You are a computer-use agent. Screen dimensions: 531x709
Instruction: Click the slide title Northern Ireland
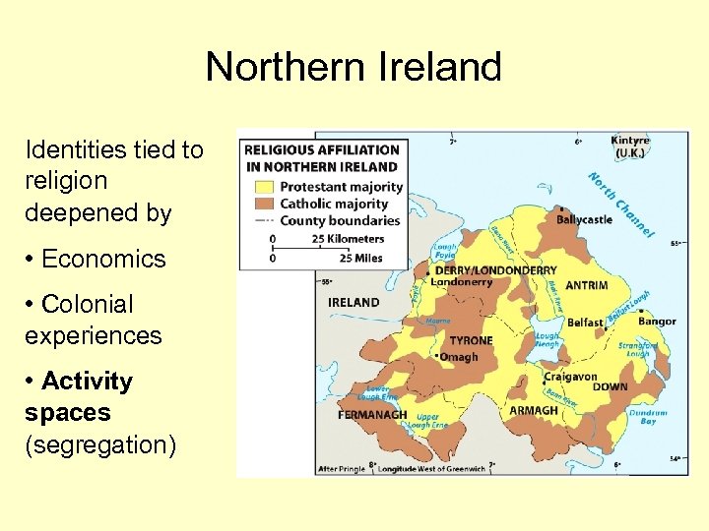tap(354, 67)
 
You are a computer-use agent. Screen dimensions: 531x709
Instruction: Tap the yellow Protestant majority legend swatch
tap(265, 187)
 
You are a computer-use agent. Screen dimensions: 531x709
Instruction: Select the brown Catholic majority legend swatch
tap(265, 204)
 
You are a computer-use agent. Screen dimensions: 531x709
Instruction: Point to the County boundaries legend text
tap(341, 220)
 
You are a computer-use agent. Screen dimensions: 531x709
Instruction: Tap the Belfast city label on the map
tap(585, 323)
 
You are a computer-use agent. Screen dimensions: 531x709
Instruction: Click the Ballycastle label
tap(584, 219)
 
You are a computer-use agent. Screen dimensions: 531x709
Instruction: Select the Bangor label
tap(656, 322)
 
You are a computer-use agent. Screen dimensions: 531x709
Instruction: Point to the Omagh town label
tap(459, 357)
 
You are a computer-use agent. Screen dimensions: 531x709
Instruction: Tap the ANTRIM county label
tap(586, 286)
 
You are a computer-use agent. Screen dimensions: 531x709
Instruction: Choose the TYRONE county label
tap(471, 340)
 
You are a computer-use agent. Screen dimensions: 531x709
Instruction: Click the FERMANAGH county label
tap(372, 414)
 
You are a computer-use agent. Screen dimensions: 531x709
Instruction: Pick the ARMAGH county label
tap(534, 411)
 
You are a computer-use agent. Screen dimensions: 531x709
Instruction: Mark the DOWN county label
tap(610, 387)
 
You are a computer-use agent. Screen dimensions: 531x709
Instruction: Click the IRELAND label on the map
tap(354, 302)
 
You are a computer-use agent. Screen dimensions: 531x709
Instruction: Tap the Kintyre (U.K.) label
tap(630, 147)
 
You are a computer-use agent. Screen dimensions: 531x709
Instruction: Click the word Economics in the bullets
tap(103, 259)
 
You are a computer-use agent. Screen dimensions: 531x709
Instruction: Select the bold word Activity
tap(87, 381)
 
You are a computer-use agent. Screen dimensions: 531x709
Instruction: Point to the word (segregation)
tap(100, 444)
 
